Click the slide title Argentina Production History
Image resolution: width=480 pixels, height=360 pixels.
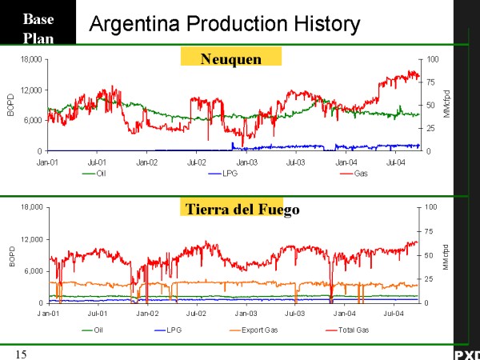click(224, 23)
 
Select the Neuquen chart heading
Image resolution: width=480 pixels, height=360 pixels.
click(231, 58)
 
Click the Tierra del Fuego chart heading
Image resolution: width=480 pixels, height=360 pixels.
click(231, 210)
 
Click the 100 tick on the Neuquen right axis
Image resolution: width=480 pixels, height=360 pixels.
click(433, 59)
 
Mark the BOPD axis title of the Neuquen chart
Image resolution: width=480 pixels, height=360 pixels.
click(11, 106)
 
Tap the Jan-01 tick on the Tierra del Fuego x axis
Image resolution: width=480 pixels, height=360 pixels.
click(48, 314)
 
